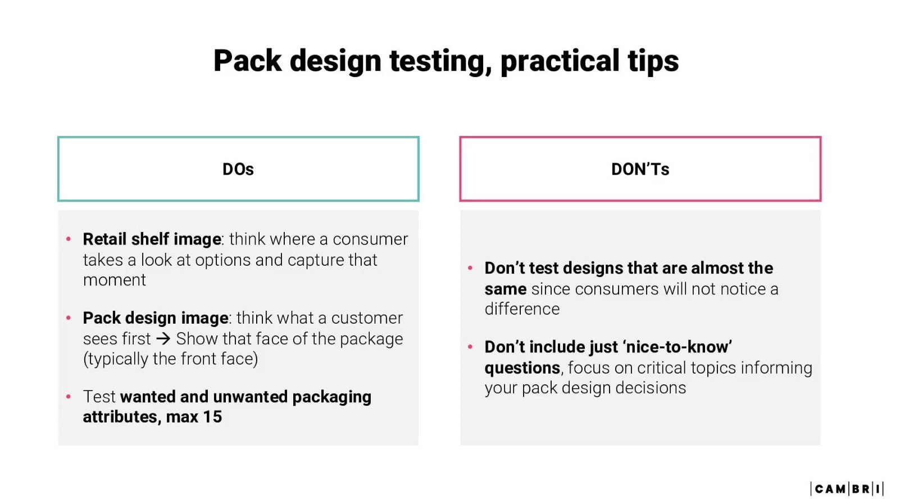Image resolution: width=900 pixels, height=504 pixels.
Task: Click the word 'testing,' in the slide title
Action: tap(440, 61)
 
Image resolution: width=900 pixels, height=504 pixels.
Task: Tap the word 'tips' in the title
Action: tap(653, 61)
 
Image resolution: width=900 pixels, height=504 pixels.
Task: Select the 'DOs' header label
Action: tap(238, 169)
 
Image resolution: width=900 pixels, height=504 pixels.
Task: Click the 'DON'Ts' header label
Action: tap(640, 169)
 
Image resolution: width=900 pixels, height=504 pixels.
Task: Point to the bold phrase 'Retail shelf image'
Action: tap(152, 239)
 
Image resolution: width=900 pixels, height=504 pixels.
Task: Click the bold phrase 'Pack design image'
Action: tap(156, 318)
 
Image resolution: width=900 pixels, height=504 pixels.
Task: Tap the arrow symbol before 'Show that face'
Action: tap(163, 339)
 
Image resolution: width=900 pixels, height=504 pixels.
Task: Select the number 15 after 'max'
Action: tap(212, 417)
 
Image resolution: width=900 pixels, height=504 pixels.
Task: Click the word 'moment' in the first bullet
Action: tap(115, 280)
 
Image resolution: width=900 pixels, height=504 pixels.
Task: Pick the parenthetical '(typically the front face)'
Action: tap(170, 359)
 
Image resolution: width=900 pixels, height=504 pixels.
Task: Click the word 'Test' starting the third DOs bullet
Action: tap(99, 397)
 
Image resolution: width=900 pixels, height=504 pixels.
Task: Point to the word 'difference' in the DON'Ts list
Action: tap(522, 309)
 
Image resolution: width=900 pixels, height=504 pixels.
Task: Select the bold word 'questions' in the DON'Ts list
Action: tap(522, 368)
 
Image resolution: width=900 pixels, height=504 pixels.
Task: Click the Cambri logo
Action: tap(847, 489)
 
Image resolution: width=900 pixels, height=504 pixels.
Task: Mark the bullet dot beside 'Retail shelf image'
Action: tap(69, 239)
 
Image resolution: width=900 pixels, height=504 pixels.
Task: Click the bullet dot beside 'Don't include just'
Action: tap(470, 347)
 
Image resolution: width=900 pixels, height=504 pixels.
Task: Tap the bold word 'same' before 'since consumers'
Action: tap(506, 289)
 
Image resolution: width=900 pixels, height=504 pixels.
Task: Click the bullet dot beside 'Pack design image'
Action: tap(69, 318)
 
